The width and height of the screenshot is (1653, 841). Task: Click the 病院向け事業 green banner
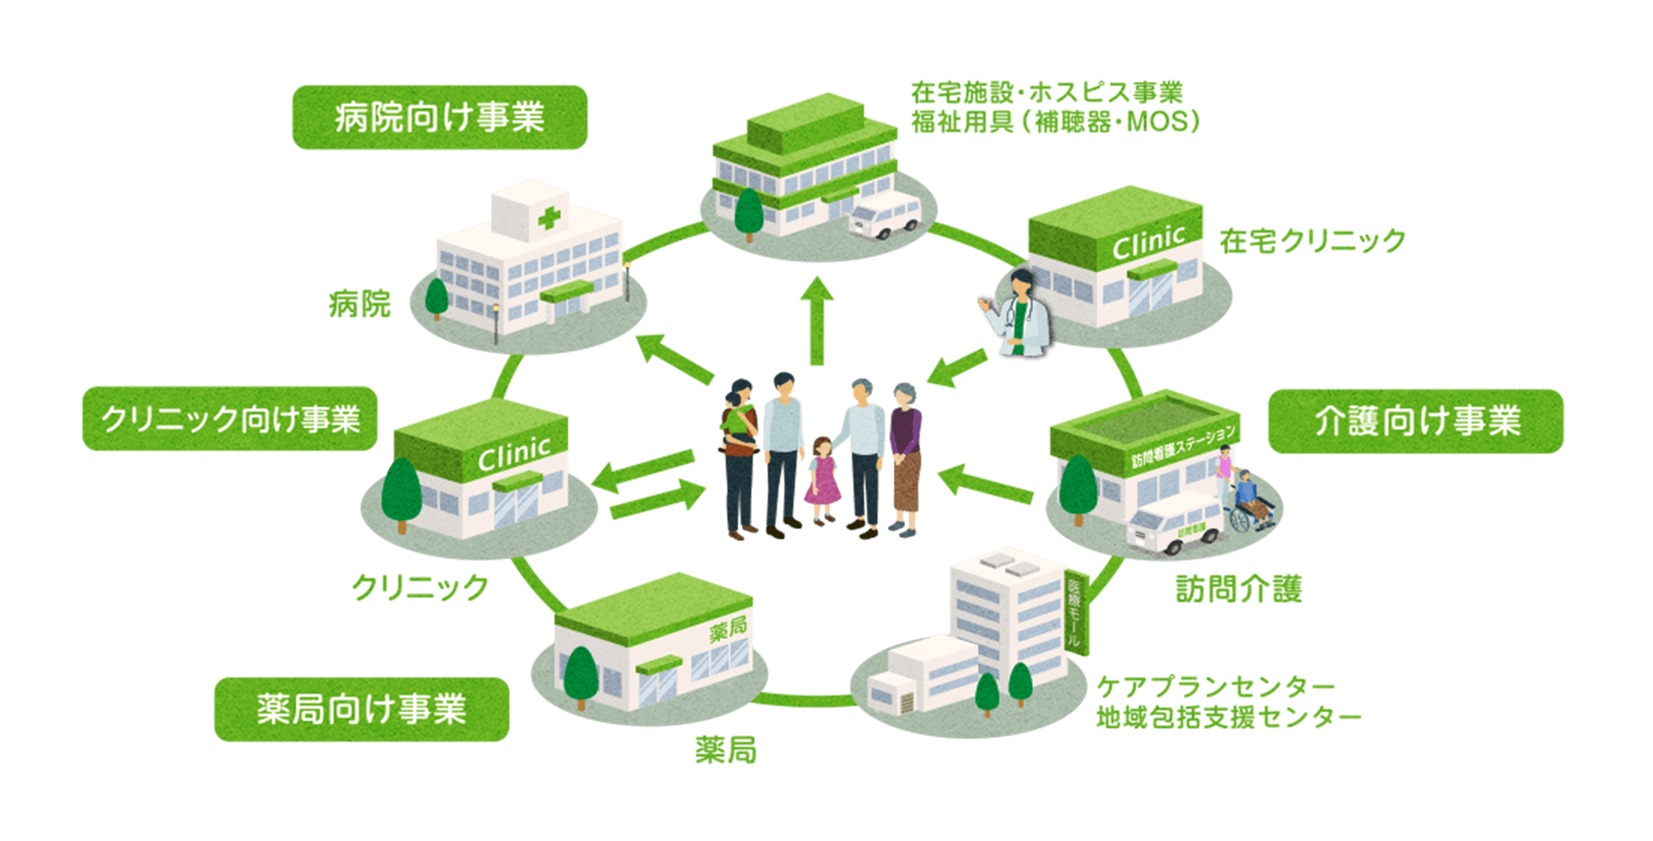click(439, 118)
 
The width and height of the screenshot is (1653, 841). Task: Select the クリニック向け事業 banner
click(230, 419)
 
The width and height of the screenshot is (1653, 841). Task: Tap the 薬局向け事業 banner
click(361, 710)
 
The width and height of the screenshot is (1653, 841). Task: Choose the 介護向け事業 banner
click(1416, 421)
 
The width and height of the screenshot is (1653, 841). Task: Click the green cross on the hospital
click(549, 219)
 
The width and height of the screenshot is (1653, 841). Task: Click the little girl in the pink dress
click(822, 481)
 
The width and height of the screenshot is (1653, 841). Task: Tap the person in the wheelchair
click(1247, 499)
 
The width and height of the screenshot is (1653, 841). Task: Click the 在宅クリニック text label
click(1312, 241)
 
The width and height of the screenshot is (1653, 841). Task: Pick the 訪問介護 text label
click(1238, 589)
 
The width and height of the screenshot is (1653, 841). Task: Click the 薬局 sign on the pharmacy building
click(727, 628)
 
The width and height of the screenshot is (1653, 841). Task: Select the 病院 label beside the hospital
click(360, 304)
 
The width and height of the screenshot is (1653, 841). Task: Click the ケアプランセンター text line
click(1215, 686)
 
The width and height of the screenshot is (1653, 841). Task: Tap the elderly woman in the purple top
click(905, 458)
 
